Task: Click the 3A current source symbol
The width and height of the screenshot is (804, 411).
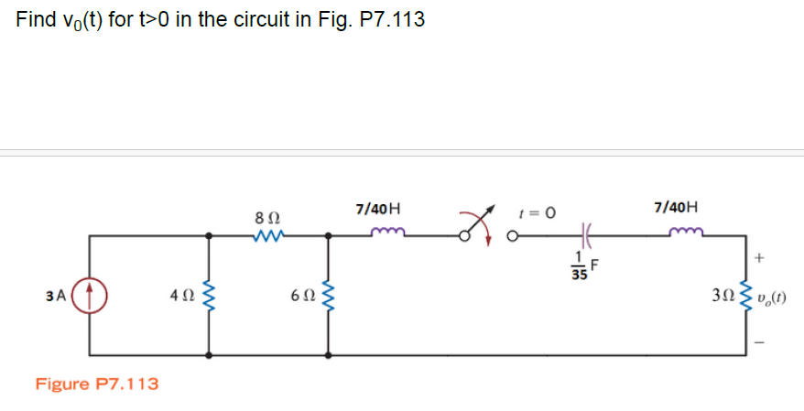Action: pyautogui.click(x=90, y=296)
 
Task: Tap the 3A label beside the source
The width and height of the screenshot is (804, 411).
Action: pyautogui.click(x=55, y=296)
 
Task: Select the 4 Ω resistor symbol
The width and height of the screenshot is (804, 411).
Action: pyautogui.click(x=211, y=297)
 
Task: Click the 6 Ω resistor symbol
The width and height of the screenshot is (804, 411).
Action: pyautogui.click(x=327, y=297)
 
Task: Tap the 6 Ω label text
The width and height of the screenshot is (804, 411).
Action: pyautogui.click(x=299, y=297)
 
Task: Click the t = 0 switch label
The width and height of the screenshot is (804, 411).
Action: pyautogui.click(x=537, y=212)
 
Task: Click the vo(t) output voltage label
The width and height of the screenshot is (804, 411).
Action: pyautogui.click(x=772, y=297)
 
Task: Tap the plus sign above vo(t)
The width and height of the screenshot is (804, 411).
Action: pyautogui.click(x=758, y=259)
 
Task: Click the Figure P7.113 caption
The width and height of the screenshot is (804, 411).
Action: pyautogui.click(x=96, y=384)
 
